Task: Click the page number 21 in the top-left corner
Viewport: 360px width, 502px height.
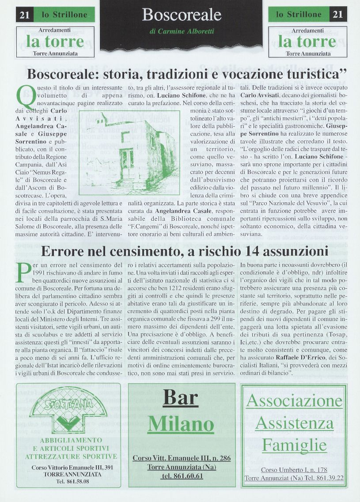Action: (24, 15)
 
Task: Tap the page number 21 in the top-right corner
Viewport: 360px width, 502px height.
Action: (338, 15)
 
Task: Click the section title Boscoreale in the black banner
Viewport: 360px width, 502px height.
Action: (182, 15)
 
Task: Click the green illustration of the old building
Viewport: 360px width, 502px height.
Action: (129, 152)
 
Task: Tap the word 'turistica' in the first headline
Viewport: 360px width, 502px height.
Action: (307, 73)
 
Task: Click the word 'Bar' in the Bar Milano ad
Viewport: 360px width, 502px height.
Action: (181, 398)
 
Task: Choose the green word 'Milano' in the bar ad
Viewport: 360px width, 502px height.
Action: (181, 424)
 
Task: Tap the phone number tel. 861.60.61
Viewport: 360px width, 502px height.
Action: (182, 476)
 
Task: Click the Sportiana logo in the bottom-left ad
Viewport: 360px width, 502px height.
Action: (68, 411)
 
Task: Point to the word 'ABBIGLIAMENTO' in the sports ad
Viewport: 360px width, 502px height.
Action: (71, 440)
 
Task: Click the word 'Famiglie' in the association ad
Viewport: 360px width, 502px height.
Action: (294, 444)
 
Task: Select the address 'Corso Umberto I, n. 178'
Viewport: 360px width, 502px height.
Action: (294, 470)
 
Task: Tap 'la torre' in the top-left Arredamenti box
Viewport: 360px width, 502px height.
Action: (55, 42)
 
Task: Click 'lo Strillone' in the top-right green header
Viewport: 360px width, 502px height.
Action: (299, 15)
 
